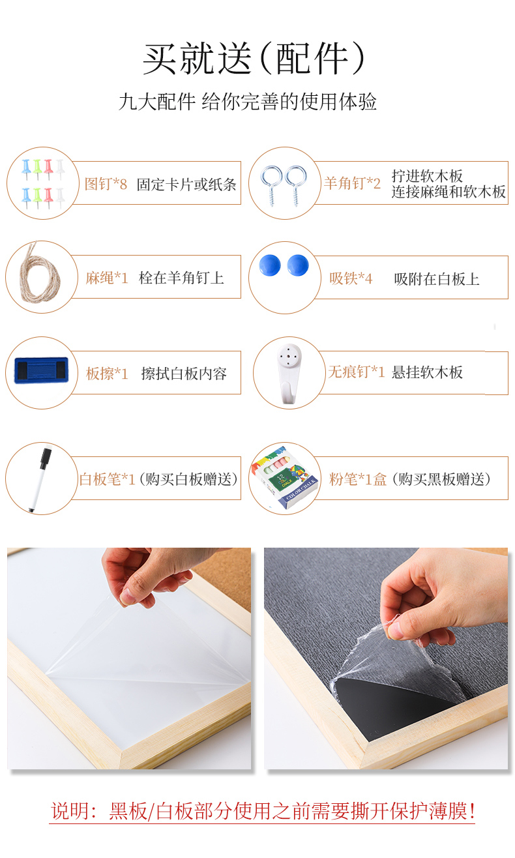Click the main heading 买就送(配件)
pyautogui.click(x=254, y=59)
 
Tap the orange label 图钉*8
pyautogui.click(x=106, y=184)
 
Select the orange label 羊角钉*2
pyautogui.click(x=352, y=183)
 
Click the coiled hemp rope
pyautogui.click(x=39, y=273)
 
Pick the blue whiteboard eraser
pyautogui.click(x=41, y=370)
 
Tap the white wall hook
pyautogui.click(x=289, y=374)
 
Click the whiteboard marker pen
pyautogui.click(x=40, y=480)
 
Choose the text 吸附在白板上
pyautogui.click(x=437, y=279)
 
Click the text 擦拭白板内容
pyautogui.click(x=184, y=374)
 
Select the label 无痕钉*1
pyautogui.click(x=356, y=372)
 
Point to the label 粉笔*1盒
pyautogui.click(x=358, y=479)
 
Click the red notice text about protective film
pyautogui.click(x=263, y=811)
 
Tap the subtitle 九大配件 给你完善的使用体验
pyautogui.click(x=248, y=102)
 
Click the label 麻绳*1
pyautogui.click(x=107, y=278)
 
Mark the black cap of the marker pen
pyautogui.click(x=46, y=458)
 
